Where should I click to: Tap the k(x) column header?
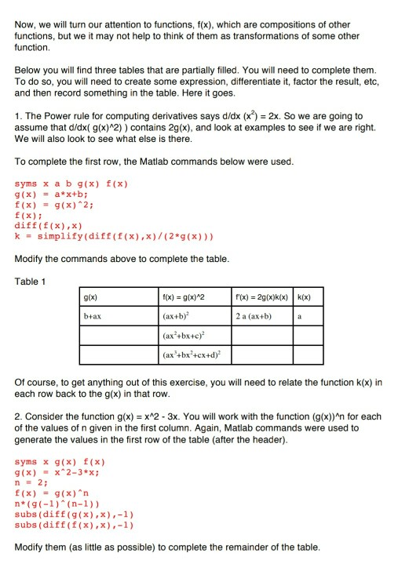pyautogui.click(x=305, y=298)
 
